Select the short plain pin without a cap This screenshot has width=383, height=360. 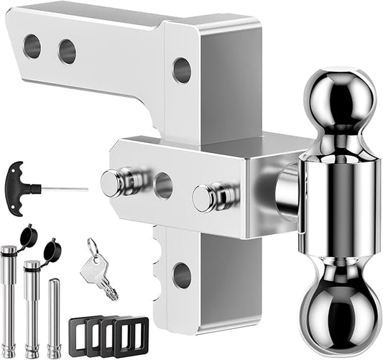click(55, 313)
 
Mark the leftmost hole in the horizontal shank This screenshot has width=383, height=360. click(32, 46)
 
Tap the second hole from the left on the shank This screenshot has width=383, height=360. click(68, 51)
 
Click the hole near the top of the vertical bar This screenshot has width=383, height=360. click(182, 70)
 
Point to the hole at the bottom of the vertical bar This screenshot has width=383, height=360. click(182, 274)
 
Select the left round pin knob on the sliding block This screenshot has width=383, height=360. click(111, 184)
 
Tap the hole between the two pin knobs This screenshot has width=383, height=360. click(163, 185)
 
